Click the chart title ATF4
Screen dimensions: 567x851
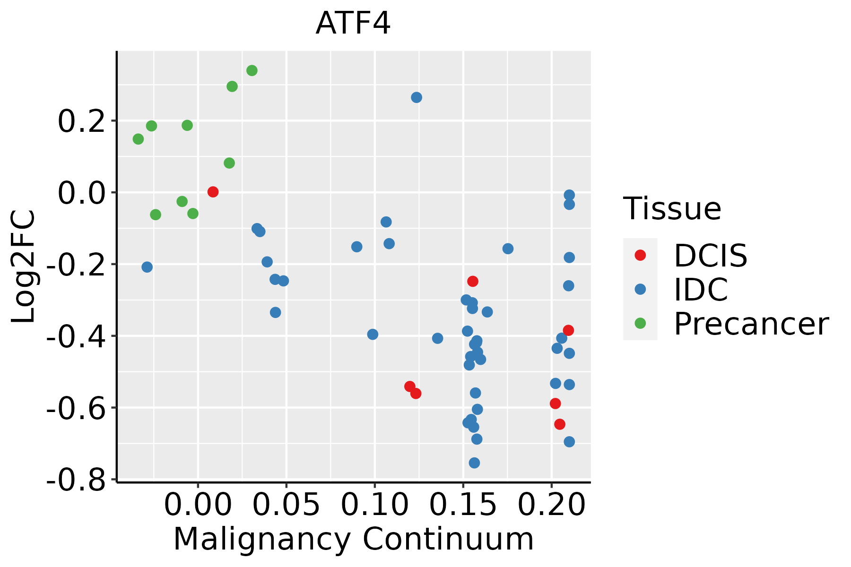[x=353, y=24]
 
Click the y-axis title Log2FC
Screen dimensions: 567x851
[x=24, y=267]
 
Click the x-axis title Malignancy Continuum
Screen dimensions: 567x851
[x=353, y=539]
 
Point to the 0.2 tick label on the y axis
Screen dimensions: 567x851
[x=80, y=121]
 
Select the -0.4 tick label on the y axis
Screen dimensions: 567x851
[x=76, y=337]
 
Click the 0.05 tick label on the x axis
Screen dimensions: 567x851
[x=286, y=505]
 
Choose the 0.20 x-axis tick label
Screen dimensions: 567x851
[x=551, y=505]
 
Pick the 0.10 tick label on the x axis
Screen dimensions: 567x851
[x=374, y=505]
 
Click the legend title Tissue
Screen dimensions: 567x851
[x=672, y=208]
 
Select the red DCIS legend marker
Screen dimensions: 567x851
[x=640, y=255]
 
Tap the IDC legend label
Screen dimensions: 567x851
[x=701, y=290]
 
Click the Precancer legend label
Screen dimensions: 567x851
[x=751, y=324]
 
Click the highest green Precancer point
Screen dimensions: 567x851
[x=252, y=70]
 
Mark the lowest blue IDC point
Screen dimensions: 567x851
[x=474, y=463]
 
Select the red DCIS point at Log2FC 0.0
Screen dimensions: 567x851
[x=213, y=192]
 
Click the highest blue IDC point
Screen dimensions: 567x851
[x=417, y=97]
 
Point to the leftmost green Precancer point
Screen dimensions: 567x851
[x=138, y=139]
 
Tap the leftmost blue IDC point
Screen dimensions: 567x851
[x=147, y=267]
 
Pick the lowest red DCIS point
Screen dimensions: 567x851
[x=560, y=424]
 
